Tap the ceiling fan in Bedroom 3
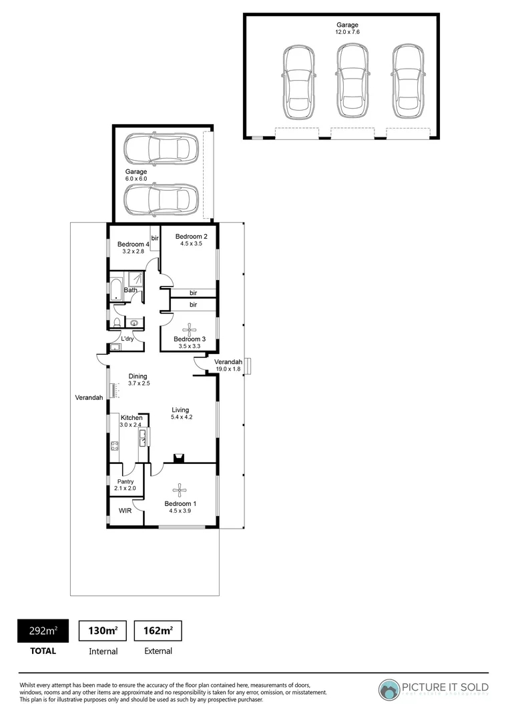click(191, 329)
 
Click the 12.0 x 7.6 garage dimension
click(346, 32)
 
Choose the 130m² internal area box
click(103, 630)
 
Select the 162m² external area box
click(158, 630)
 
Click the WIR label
click(125, 511)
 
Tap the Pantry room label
click(125, 481)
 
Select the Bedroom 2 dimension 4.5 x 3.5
click(191, 245)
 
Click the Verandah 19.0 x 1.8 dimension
click(228, 369)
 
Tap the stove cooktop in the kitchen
click(114, 445)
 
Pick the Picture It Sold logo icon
click(389, 689)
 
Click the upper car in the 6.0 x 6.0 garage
click(162, 149)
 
